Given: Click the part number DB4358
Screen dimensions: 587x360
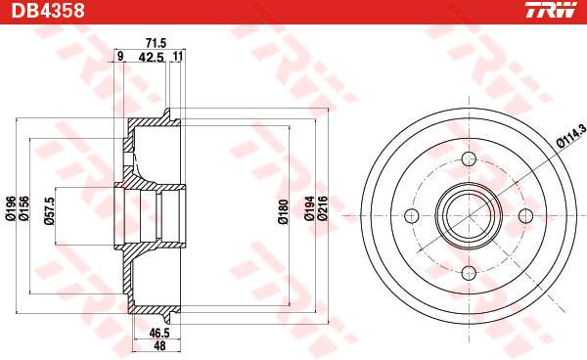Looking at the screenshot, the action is (48, 11).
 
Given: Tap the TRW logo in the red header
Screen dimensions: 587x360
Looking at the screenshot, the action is (551, 10).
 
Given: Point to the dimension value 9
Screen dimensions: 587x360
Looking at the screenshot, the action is (120, 57).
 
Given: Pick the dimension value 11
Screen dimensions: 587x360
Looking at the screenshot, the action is (178, 57).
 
